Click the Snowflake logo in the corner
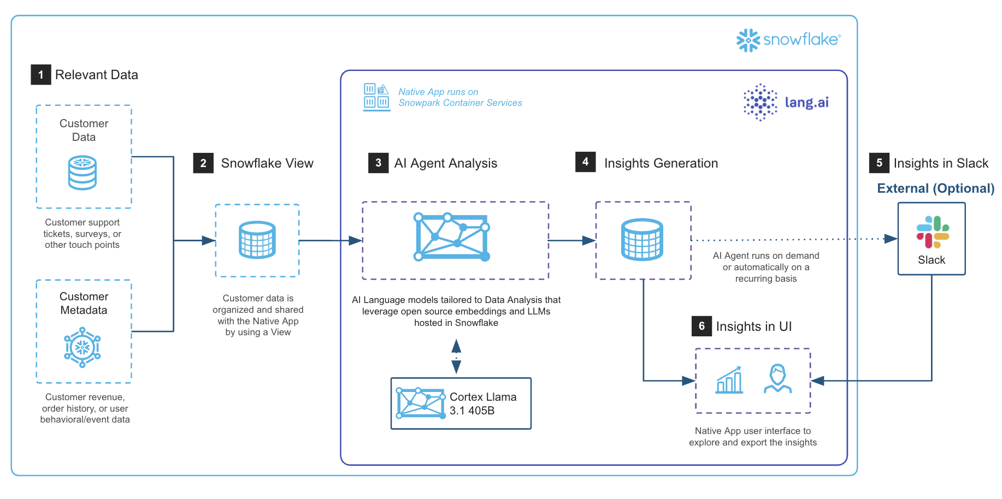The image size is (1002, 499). pos(787,40)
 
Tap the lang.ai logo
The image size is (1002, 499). pos(786,102)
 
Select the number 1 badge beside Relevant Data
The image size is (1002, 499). pos(41,75)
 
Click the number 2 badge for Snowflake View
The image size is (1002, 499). pos(203,163)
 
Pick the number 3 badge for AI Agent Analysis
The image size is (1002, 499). pos(378,163)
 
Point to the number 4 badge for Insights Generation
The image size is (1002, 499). pos(585,162)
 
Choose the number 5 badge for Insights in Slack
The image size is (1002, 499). pos(879,163)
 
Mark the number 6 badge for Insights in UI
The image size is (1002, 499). pos(702,326)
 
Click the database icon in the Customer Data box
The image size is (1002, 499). pos(82,173)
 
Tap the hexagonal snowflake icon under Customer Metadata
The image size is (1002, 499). pos(82,347)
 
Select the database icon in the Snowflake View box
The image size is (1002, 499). pos(257,240)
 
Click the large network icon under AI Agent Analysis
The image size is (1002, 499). pos(452,237)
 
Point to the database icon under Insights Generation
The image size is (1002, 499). pos(643,240)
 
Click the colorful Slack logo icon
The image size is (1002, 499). pos(933,232)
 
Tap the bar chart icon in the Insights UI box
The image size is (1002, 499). pos(729,380)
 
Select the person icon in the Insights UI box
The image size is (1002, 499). pos(777,379)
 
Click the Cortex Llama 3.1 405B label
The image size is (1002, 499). pos(483,404)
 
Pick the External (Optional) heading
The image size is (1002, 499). pos(935,188)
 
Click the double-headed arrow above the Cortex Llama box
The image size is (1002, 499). pos(456,357)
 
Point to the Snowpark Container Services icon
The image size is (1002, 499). pos(376,97)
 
